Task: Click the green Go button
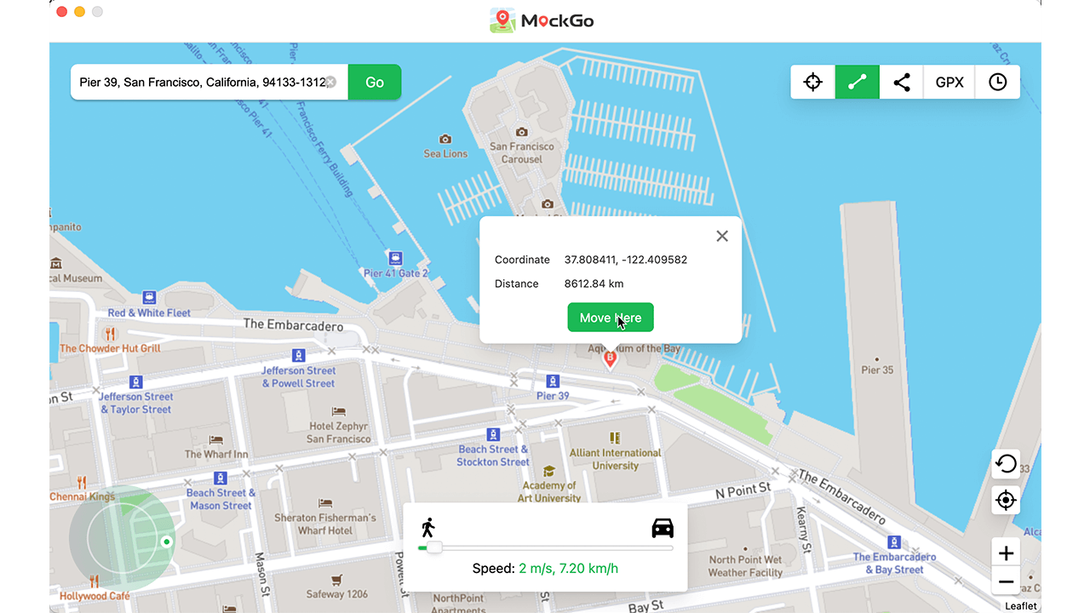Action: [375, 83]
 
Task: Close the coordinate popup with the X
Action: [722, 236]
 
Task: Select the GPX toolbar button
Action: [949, 83]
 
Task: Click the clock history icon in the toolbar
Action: [997, 83]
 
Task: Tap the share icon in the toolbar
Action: [902, 83]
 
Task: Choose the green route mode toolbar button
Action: [858, 83]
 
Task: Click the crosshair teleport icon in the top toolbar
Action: [813, 83]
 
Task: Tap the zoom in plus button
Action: [1006, 553]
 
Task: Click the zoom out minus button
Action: [1006, 582]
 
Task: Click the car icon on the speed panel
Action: [663, 528]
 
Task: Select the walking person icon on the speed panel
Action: [427, 528]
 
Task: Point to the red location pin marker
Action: [610, 358]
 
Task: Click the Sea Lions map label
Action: [445, 154]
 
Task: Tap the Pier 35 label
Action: [877, 370]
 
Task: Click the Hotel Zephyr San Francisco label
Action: [339, 433]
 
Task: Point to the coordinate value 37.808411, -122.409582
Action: [626, 260]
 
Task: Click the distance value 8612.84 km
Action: [594, 284]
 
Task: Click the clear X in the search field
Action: [331, 83]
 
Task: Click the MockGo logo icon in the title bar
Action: [502, 20]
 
